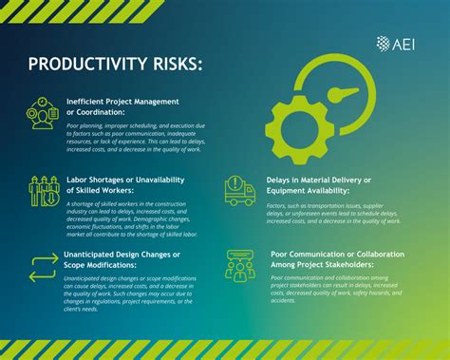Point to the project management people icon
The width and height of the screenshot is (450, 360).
tap(42, 114)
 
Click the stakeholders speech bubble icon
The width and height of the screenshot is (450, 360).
tap(239, 265)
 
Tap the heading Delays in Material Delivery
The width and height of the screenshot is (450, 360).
tap(322, 182)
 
